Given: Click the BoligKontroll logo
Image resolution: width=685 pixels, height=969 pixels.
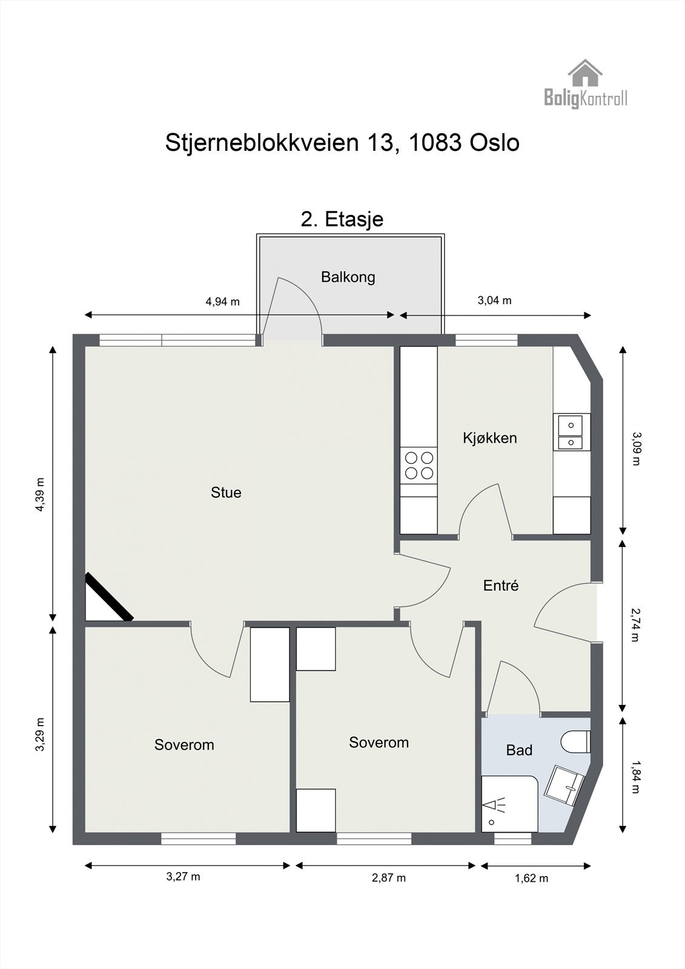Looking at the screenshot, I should [x=585, y=85].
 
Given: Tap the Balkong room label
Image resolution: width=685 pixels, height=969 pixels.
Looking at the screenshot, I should [x=348, y=277].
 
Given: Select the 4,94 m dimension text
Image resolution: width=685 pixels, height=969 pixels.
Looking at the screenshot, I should [x=223, y=302].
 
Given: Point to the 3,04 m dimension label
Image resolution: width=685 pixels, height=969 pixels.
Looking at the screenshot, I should [x=494, y=300].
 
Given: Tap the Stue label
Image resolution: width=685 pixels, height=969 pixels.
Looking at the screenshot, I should [x=226, y=493].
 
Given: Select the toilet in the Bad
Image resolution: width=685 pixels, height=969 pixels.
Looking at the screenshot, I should [x=576, y=742].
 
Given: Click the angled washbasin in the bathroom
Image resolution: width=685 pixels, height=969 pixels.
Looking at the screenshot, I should [x=564, y=785].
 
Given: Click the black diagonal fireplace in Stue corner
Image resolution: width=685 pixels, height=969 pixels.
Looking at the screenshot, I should [x=109, y=597].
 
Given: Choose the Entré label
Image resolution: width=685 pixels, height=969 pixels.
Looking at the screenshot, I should [x=501, y=586].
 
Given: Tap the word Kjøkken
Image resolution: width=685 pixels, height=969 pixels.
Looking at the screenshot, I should [x=489, y=438].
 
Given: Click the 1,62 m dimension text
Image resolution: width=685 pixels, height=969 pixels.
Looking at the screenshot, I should [x=531, y=878].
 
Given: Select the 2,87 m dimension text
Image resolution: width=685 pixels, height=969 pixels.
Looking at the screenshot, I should [x=388, y=878].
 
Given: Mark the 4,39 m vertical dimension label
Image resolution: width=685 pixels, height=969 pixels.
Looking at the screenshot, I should [x=40, y=495].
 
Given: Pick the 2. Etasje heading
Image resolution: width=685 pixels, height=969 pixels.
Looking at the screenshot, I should [x=342, y=219].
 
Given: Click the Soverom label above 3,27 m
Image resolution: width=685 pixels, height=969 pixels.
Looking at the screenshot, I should [x=184, y=745].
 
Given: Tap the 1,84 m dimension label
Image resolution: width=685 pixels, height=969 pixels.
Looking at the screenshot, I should [x=635, y=777].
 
